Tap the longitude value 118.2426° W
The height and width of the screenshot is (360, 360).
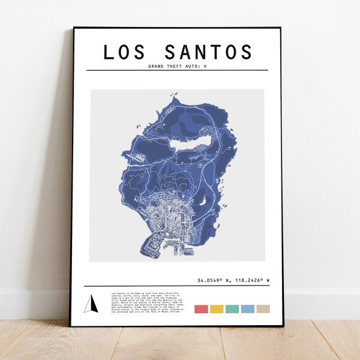point(250,280)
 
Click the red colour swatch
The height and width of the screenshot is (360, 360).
point(201,309)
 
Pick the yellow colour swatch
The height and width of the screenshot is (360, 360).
point(217,309)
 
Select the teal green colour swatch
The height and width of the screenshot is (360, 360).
point(232,309)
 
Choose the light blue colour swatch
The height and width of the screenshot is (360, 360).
point(248,309)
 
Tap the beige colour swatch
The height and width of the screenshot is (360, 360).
point(263,309)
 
